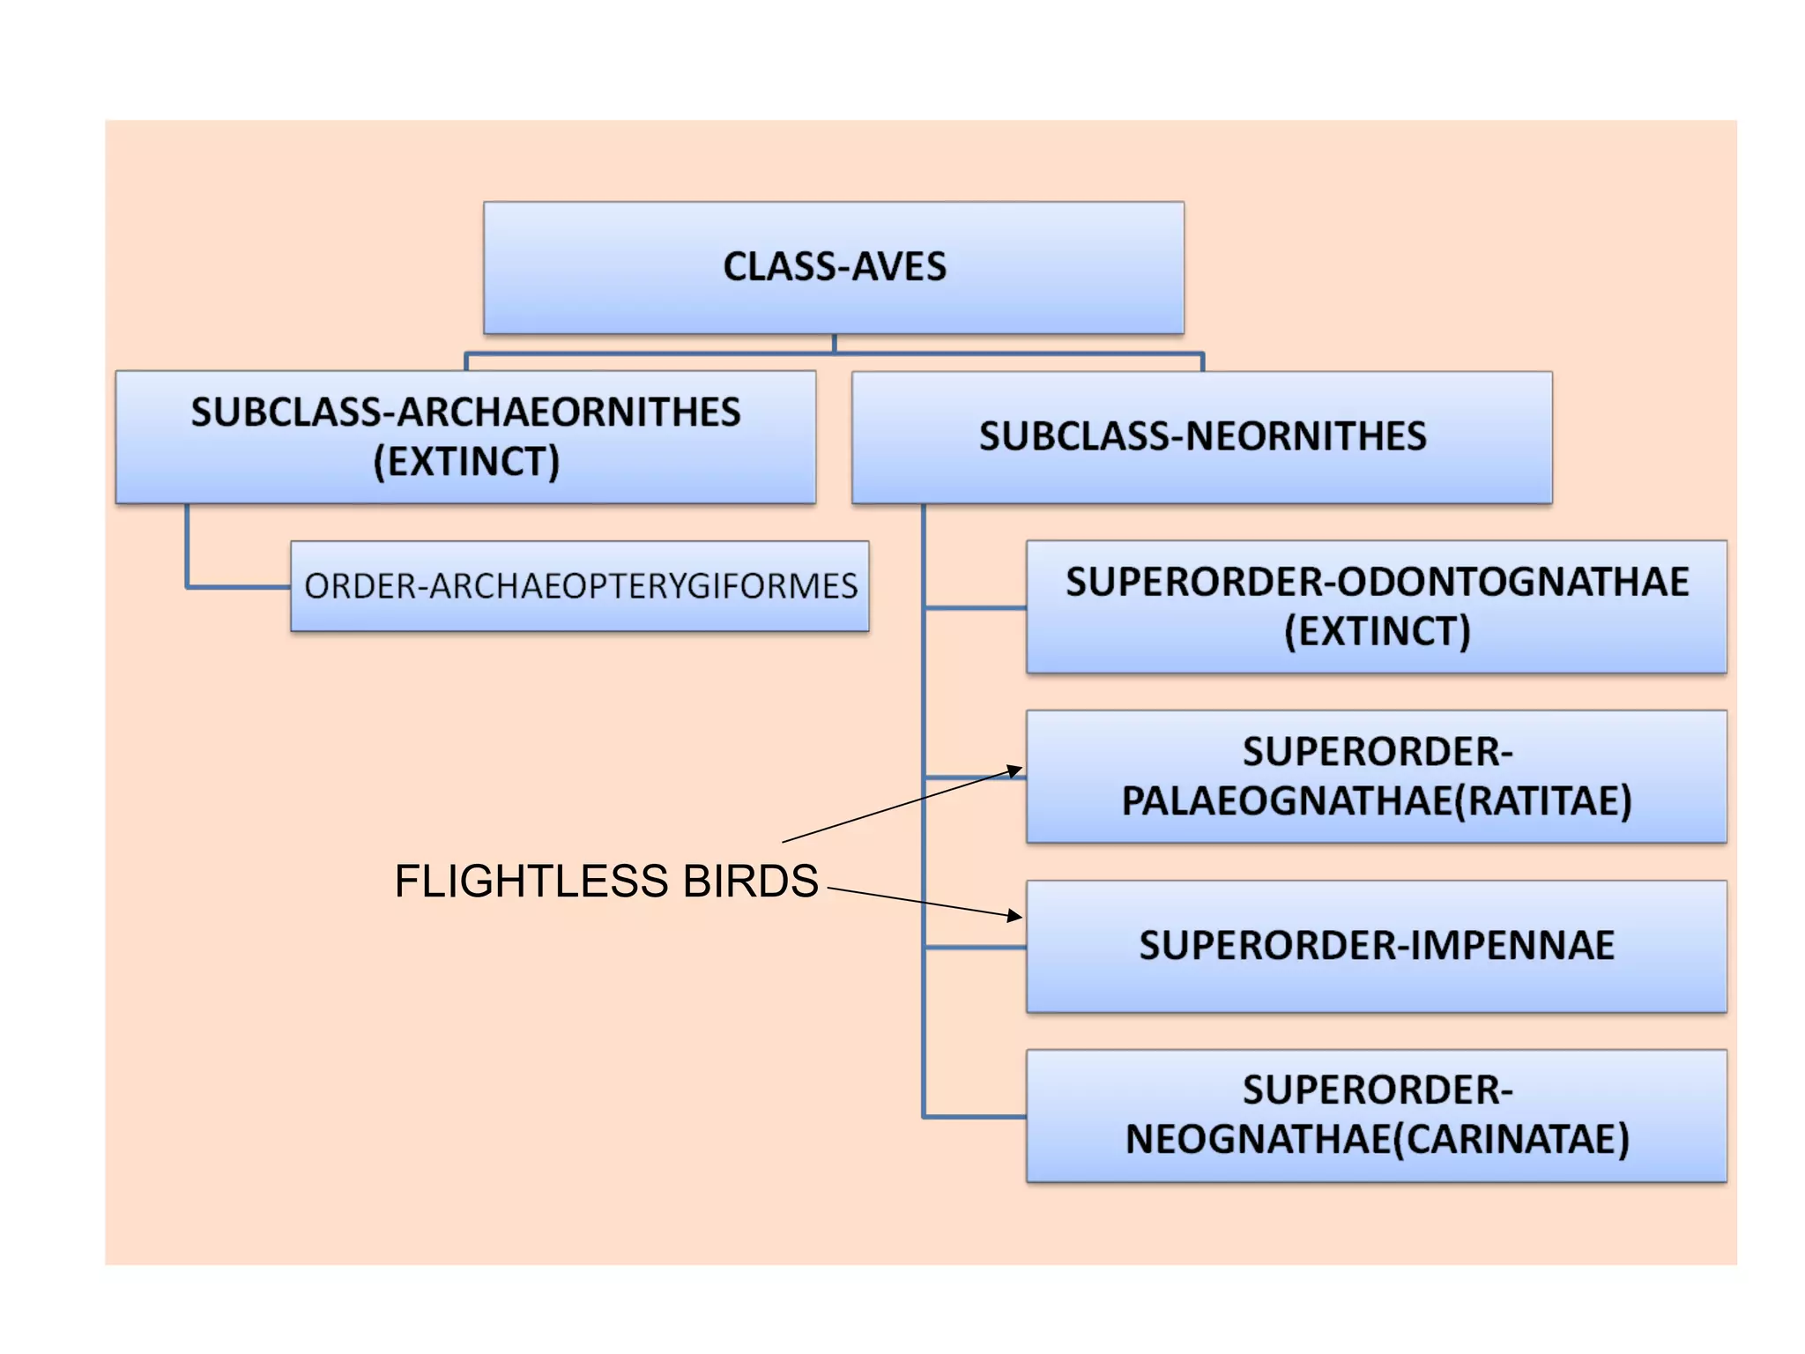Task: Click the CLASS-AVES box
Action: [x=833, y=267]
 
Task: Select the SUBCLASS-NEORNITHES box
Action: [x=1201, y=437]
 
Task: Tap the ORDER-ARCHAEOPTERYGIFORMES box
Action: [x=580, y=586]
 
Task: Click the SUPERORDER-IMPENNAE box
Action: [x=1376, y=946]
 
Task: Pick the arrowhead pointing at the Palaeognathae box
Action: [x=1014, y=771]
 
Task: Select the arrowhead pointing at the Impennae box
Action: [x=1014, y=916]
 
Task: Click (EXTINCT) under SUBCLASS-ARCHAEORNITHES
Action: [x=466, y=462]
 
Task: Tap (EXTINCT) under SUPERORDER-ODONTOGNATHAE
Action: [x=1377, y=632]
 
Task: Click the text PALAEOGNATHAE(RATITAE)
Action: [x=1377, y=801]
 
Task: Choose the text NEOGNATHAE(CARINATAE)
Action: [x=1377, y=1140]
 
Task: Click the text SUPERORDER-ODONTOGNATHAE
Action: [x=1377, y=582]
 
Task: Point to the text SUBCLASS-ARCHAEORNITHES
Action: [x=466, y=413]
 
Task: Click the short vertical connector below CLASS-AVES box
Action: [x=834, y=344]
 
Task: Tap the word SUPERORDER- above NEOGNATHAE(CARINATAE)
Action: [x=1377, y=1090]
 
